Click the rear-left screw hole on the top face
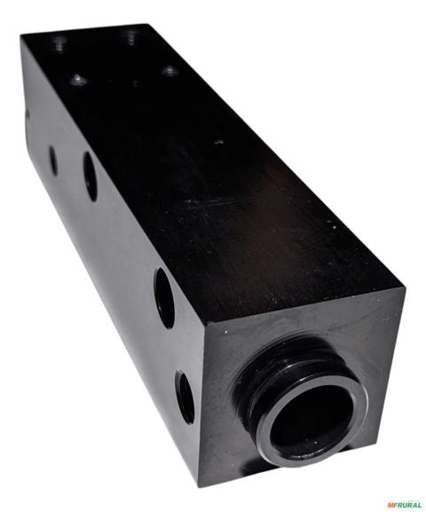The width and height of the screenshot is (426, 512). pos(59,41)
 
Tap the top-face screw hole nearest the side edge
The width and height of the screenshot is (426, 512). pos(78,79)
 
